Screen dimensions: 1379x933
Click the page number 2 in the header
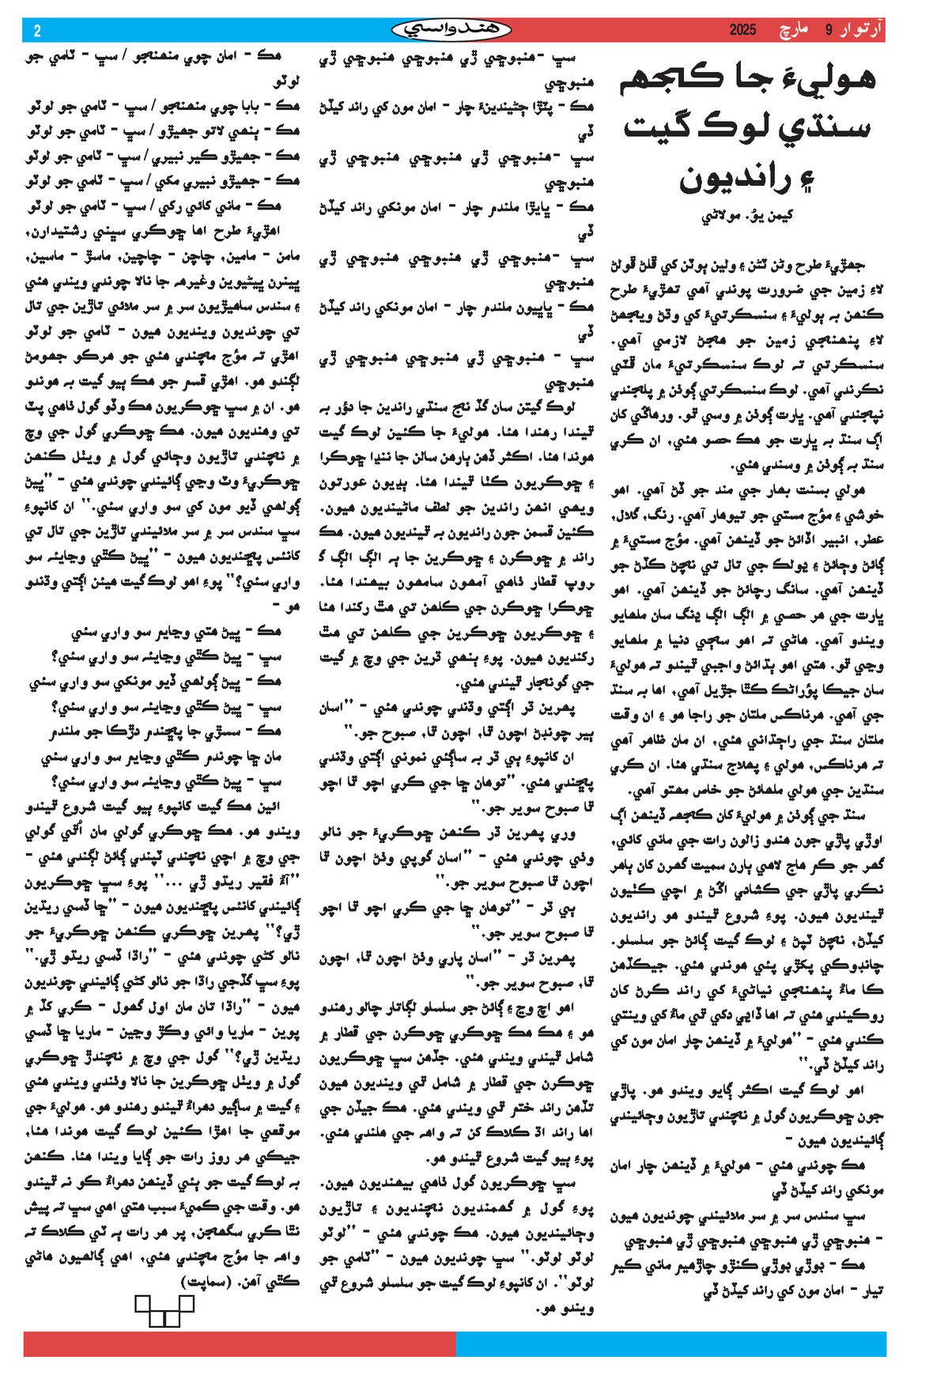tap(36, 31)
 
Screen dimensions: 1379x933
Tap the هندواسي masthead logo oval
tap(451, 30)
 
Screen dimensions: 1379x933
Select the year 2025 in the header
tap(742, 30)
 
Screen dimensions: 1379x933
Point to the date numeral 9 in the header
tap(829, 30)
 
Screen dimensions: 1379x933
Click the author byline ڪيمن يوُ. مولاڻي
tap(746, 216)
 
